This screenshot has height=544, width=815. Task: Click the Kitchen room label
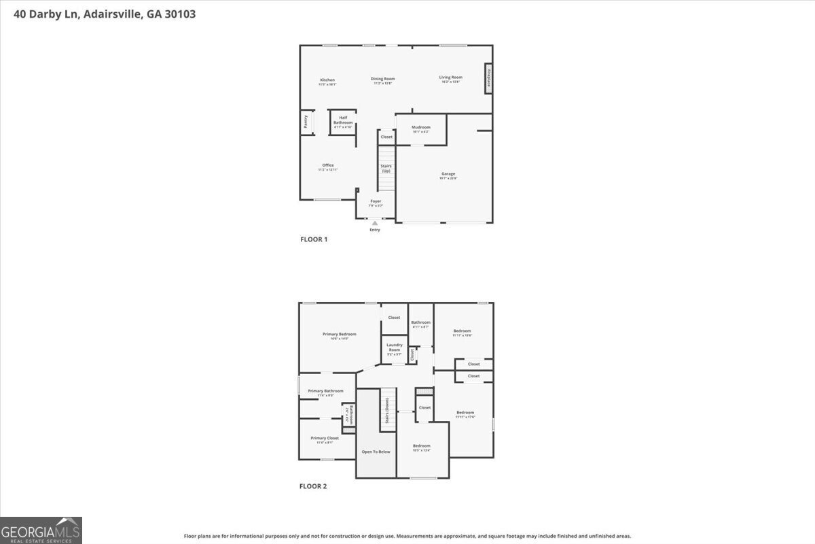point(327,81)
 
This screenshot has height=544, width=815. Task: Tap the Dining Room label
point(382,80)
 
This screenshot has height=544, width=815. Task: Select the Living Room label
point(450,78)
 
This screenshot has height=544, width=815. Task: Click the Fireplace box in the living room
point(488,78)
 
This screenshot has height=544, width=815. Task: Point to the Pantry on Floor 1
point(305,122)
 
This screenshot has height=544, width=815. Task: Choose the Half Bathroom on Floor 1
point(343,121)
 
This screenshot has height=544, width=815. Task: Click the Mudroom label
point(420,129)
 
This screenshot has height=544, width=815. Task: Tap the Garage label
point(448,175)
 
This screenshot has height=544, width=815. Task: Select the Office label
point(327,167)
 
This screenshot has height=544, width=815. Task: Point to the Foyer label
point(376,202)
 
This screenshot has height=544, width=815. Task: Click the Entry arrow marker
point(375,223)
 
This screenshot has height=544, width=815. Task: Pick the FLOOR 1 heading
point(314,239)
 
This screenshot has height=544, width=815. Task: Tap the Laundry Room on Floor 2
point(395,348)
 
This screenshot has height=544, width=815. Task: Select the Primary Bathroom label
point(325,392)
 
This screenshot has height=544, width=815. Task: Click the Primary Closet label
point(325,439)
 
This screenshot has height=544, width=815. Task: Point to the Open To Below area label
point(376,452)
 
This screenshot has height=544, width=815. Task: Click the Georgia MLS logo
point(41,530)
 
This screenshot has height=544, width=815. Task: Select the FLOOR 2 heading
point(313,486)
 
